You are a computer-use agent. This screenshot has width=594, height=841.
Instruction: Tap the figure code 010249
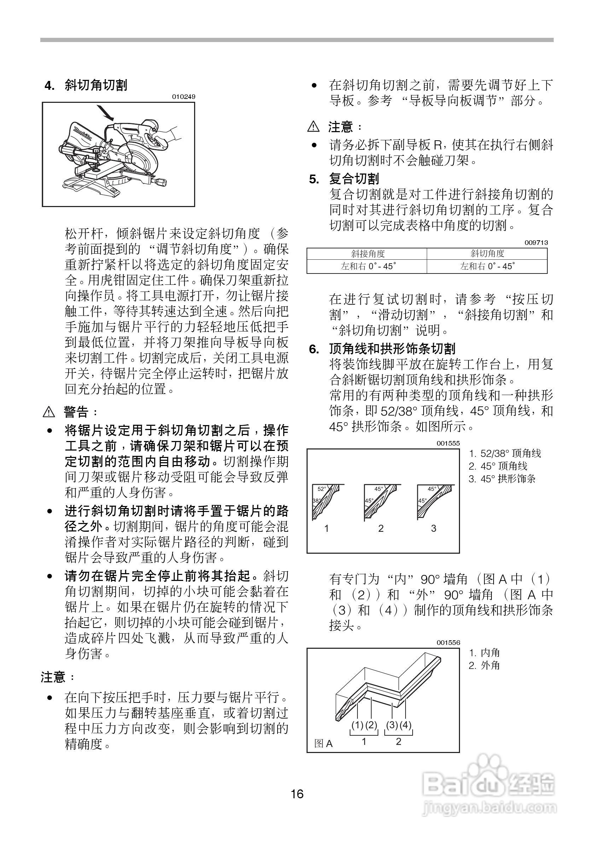point(184,97)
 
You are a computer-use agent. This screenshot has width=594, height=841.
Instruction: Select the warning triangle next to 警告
point(48,412)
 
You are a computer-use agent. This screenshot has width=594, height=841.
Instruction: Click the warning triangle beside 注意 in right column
point(313,127)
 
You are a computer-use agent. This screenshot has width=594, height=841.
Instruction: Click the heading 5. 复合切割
point(344,179)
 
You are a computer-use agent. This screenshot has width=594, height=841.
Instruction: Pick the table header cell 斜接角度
point(367,253)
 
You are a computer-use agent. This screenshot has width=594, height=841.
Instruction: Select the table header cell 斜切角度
point(487,253)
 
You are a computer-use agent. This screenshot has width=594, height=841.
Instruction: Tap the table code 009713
point(536,242)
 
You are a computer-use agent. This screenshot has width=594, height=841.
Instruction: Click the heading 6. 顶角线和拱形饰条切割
point(382,348)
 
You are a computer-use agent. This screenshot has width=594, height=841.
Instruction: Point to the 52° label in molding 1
point(321,489)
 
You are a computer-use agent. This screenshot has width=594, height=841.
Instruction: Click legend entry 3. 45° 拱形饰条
point(502,479)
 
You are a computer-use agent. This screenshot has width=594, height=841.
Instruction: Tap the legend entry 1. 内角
point(484,652)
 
